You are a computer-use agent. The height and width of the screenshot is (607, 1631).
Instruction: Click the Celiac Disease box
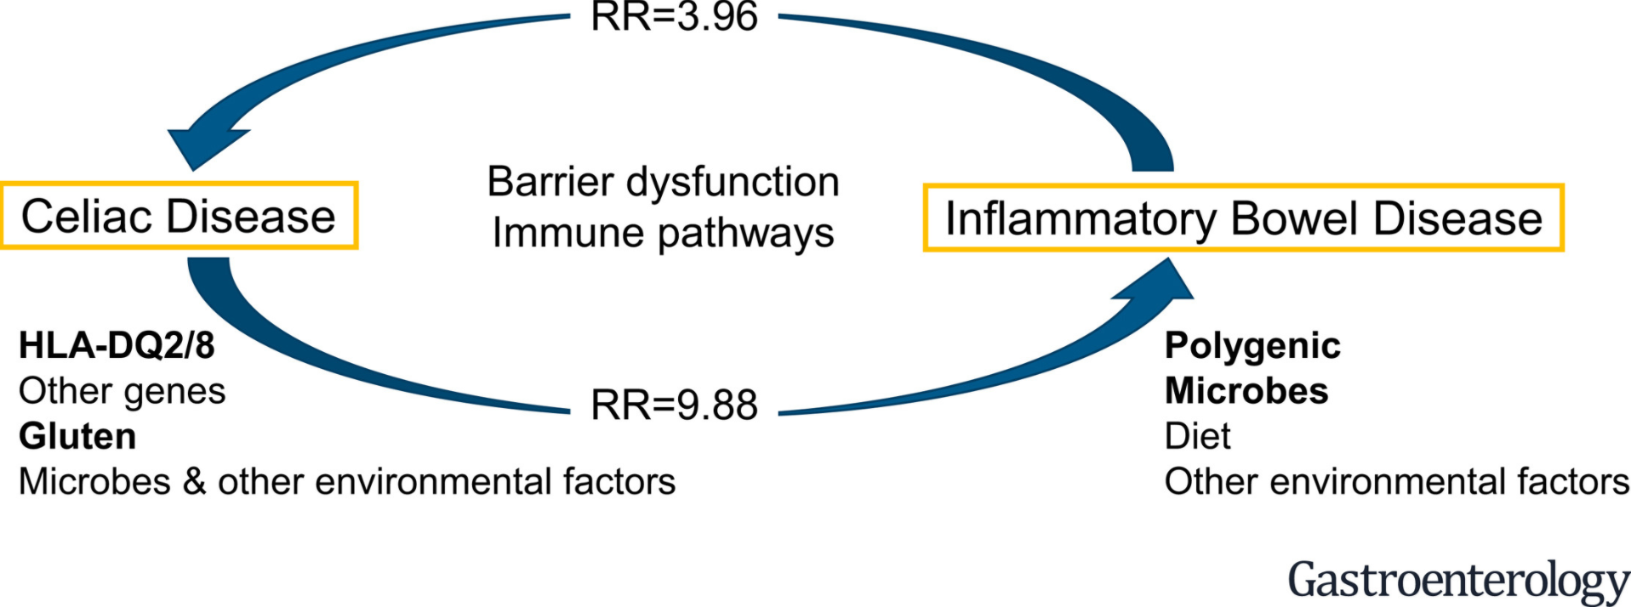179,216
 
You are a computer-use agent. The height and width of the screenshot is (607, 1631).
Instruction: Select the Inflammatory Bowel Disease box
1243,218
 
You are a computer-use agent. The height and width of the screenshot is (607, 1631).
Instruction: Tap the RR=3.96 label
674,16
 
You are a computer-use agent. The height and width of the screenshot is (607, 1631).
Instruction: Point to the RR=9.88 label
674,405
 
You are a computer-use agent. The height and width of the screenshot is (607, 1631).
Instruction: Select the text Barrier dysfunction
663,182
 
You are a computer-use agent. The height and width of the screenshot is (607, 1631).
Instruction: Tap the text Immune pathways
663,233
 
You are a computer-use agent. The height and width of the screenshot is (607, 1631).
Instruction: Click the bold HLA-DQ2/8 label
117,345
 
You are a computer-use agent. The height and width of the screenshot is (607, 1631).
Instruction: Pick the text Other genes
122,391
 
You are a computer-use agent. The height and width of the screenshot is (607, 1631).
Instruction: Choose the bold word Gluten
77,436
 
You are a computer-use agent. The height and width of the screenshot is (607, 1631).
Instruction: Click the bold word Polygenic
1252,345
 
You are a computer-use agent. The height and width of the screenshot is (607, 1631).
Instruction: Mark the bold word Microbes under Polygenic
1246,391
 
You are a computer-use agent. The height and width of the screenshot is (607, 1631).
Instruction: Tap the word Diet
1197,436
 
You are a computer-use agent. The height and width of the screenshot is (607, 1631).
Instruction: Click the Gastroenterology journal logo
1458,581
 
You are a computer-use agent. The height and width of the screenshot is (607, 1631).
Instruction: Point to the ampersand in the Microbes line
194,482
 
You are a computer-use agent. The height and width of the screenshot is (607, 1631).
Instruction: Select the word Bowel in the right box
1295,218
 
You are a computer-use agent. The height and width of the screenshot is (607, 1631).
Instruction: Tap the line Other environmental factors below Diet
1396,482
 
